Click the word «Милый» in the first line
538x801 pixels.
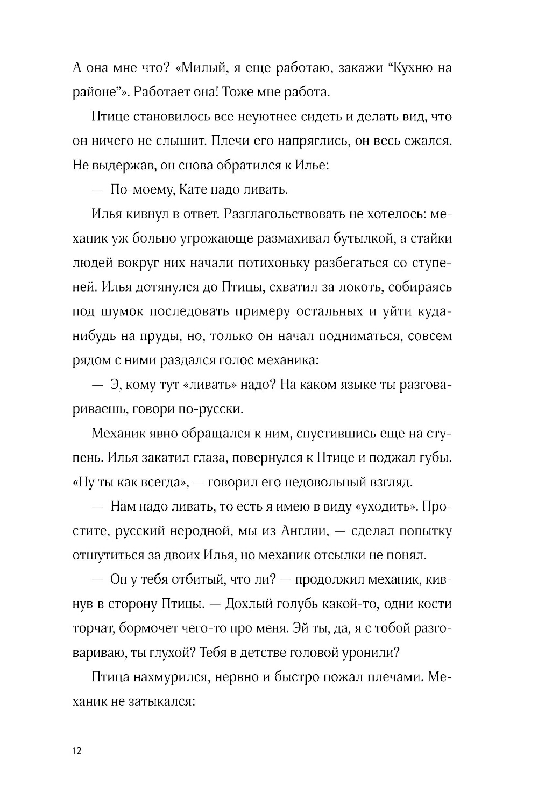[201, 68]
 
